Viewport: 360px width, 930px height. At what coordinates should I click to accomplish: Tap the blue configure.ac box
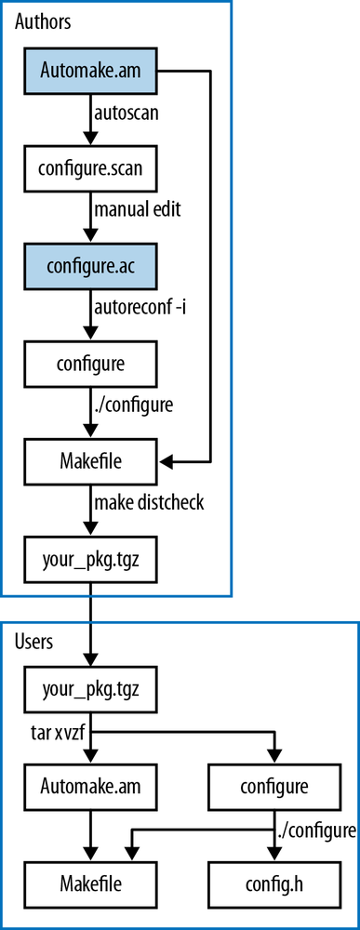pos(91,267)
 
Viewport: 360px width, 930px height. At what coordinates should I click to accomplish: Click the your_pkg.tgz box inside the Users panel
pos(91,690)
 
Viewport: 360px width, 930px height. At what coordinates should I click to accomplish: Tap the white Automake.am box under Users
pos(91,786)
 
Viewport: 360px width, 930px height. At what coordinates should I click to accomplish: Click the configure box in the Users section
pos(273,786)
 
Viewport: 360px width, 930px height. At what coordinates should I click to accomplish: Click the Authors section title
pos(43,20)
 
